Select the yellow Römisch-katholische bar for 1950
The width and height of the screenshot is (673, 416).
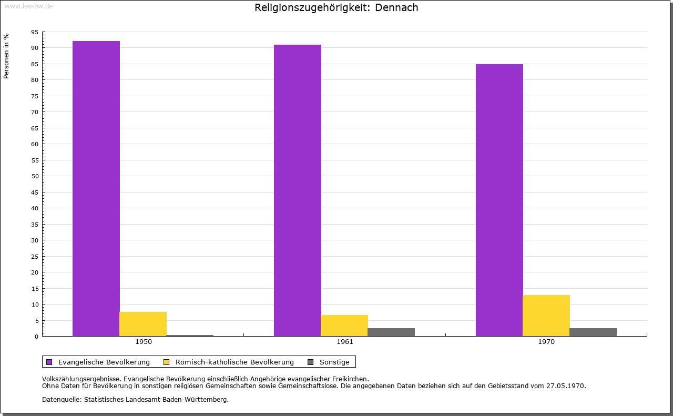click(143, 324)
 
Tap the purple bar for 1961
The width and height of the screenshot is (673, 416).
click(298, 190)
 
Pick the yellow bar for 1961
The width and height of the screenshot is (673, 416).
click(344, 326)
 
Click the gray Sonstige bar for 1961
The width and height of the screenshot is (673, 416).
click(391, 332)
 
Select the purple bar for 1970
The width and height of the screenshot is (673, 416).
click(499, 200)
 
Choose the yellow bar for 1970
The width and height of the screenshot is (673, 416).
click(546, 316)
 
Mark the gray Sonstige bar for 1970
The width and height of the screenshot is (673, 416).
click(593, 332)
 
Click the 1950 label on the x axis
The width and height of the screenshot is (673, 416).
click(144, 342)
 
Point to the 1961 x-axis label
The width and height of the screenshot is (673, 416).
click(345, 342)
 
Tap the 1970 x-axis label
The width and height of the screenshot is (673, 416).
click(546, 342)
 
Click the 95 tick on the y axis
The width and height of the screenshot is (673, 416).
click(35, 32)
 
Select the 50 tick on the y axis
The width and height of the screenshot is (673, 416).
click(35, 176)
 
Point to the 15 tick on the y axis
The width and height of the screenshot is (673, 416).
click(35, 288)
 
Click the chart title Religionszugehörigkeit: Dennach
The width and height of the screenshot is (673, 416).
click(336, 7)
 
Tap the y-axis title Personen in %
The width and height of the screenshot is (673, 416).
click(6, 56)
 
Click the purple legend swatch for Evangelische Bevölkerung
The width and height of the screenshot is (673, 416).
click(49, 362)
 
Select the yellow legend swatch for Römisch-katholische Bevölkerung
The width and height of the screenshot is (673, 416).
click(167, 362)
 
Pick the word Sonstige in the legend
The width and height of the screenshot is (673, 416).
click(334, 362)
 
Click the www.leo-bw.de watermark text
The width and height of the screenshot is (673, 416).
click(28, 5)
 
